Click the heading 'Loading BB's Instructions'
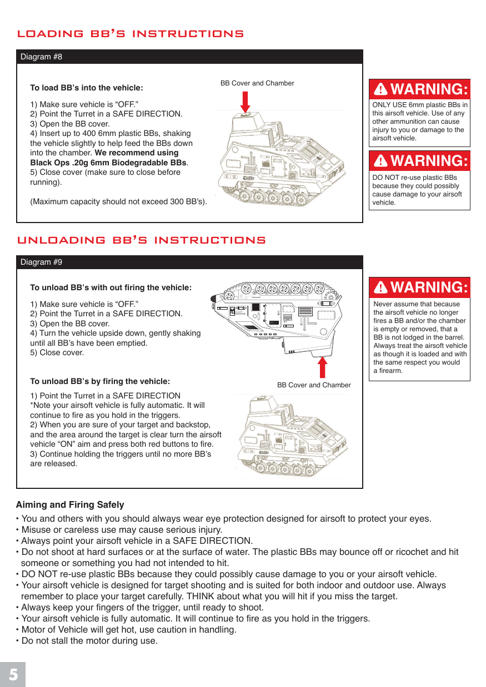(131, 34)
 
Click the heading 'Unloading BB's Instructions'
(142, 240)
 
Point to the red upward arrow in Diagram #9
(322, 367)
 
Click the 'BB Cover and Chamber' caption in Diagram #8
(257, 83)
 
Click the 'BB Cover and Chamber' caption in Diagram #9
(314, 385)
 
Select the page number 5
(13, 674)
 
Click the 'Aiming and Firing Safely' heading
(70, 504)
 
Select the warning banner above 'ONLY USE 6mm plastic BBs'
(420, 89)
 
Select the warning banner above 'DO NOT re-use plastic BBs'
(420, 160)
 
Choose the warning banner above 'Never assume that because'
(420, 287)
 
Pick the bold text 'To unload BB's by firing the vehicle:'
(100, 381)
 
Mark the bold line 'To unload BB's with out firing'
(111, 287)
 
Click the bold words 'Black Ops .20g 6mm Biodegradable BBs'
(108, 163)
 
